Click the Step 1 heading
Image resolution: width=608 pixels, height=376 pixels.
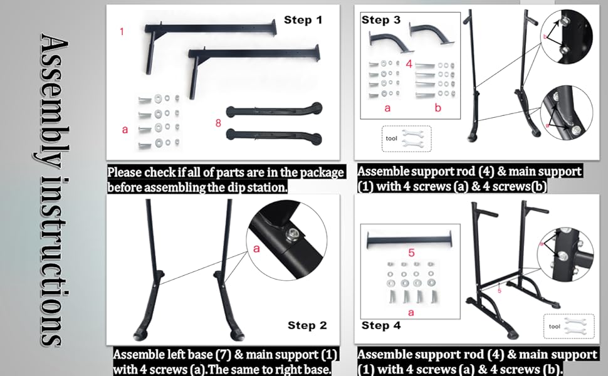[303, 20]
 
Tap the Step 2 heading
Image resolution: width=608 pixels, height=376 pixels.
[307, 325]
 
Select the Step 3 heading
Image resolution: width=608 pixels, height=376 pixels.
[380, 20]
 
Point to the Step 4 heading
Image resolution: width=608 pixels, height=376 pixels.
[380, 325]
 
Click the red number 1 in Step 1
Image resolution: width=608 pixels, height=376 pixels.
[122, 31]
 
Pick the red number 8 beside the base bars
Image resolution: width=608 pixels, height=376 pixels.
[218, 123]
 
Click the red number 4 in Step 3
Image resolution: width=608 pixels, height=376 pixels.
[409, 64]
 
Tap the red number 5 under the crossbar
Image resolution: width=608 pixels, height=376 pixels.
[411, 253]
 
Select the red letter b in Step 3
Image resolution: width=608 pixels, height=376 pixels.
[437, 108]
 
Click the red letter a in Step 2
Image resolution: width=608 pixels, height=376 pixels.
[256, 249]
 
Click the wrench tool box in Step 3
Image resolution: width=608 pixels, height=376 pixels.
[406, 138]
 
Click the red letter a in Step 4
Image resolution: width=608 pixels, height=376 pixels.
[411, 311]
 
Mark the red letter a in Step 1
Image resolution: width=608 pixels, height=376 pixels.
[125, 130]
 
